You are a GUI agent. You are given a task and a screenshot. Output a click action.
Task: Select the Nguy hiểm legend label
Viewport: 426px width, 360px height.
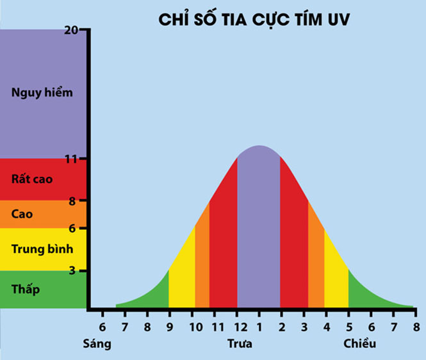42,92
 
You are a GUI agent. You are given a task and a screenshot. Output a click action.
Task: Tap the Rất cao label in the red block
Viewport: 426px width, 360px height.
32,179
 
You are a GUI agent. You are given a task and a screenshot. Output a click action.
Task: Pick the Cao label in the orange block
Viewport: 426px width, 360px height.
22,214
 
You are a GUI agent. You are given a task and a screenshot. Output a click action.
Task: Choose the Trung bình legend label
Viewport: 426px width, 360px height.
42,248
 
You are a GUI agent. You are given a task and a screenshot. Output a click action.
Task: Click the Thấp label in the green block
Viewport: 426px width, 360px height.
26,289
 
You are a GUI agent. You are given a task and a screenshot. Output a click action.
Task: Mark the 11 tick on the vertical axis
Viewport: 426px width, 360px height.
81,158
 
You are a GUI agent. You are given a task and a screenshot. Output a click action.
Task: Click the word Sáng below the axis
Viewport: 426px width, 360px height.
97,344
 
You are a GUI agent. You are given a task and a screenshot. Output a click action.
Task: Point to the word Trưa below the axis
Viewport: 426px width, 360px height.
240,344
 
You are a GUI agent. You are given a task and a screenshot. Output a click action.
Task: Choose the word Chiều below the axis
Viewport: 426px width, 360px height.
360,344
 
